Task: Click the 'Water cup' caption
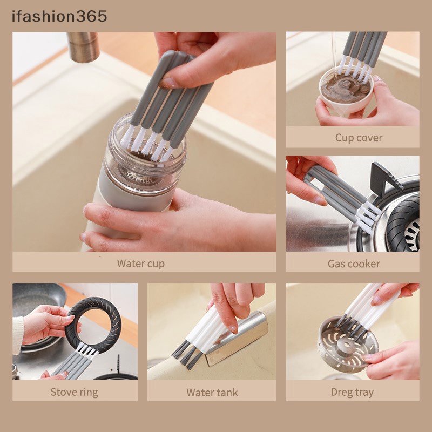(140, 264)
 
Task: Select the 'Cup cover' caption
(359, 138)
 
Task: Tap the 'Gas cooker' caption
(354, 264)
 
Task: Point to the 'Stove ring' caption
(75, 392)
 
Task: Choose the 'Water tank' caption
(212, 392)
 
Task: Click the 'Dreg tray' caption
(352, 392)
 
